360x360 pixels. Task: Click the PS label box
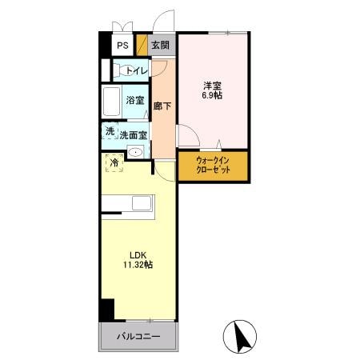(x=123, y=46)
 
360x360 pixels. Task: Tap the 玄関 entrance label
(x=161, y=46)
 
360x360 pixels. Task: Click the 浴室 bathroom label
(x=135, y=101)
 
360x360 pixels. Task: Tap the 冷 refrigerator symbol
(x=115, y=163)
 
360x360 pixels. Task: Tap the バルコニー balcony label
(x=138, y=336)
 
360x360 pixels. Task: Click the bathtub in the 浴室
(x=113, y=102)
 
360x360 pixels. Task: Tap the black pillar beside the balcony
(x=106, y=309)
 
